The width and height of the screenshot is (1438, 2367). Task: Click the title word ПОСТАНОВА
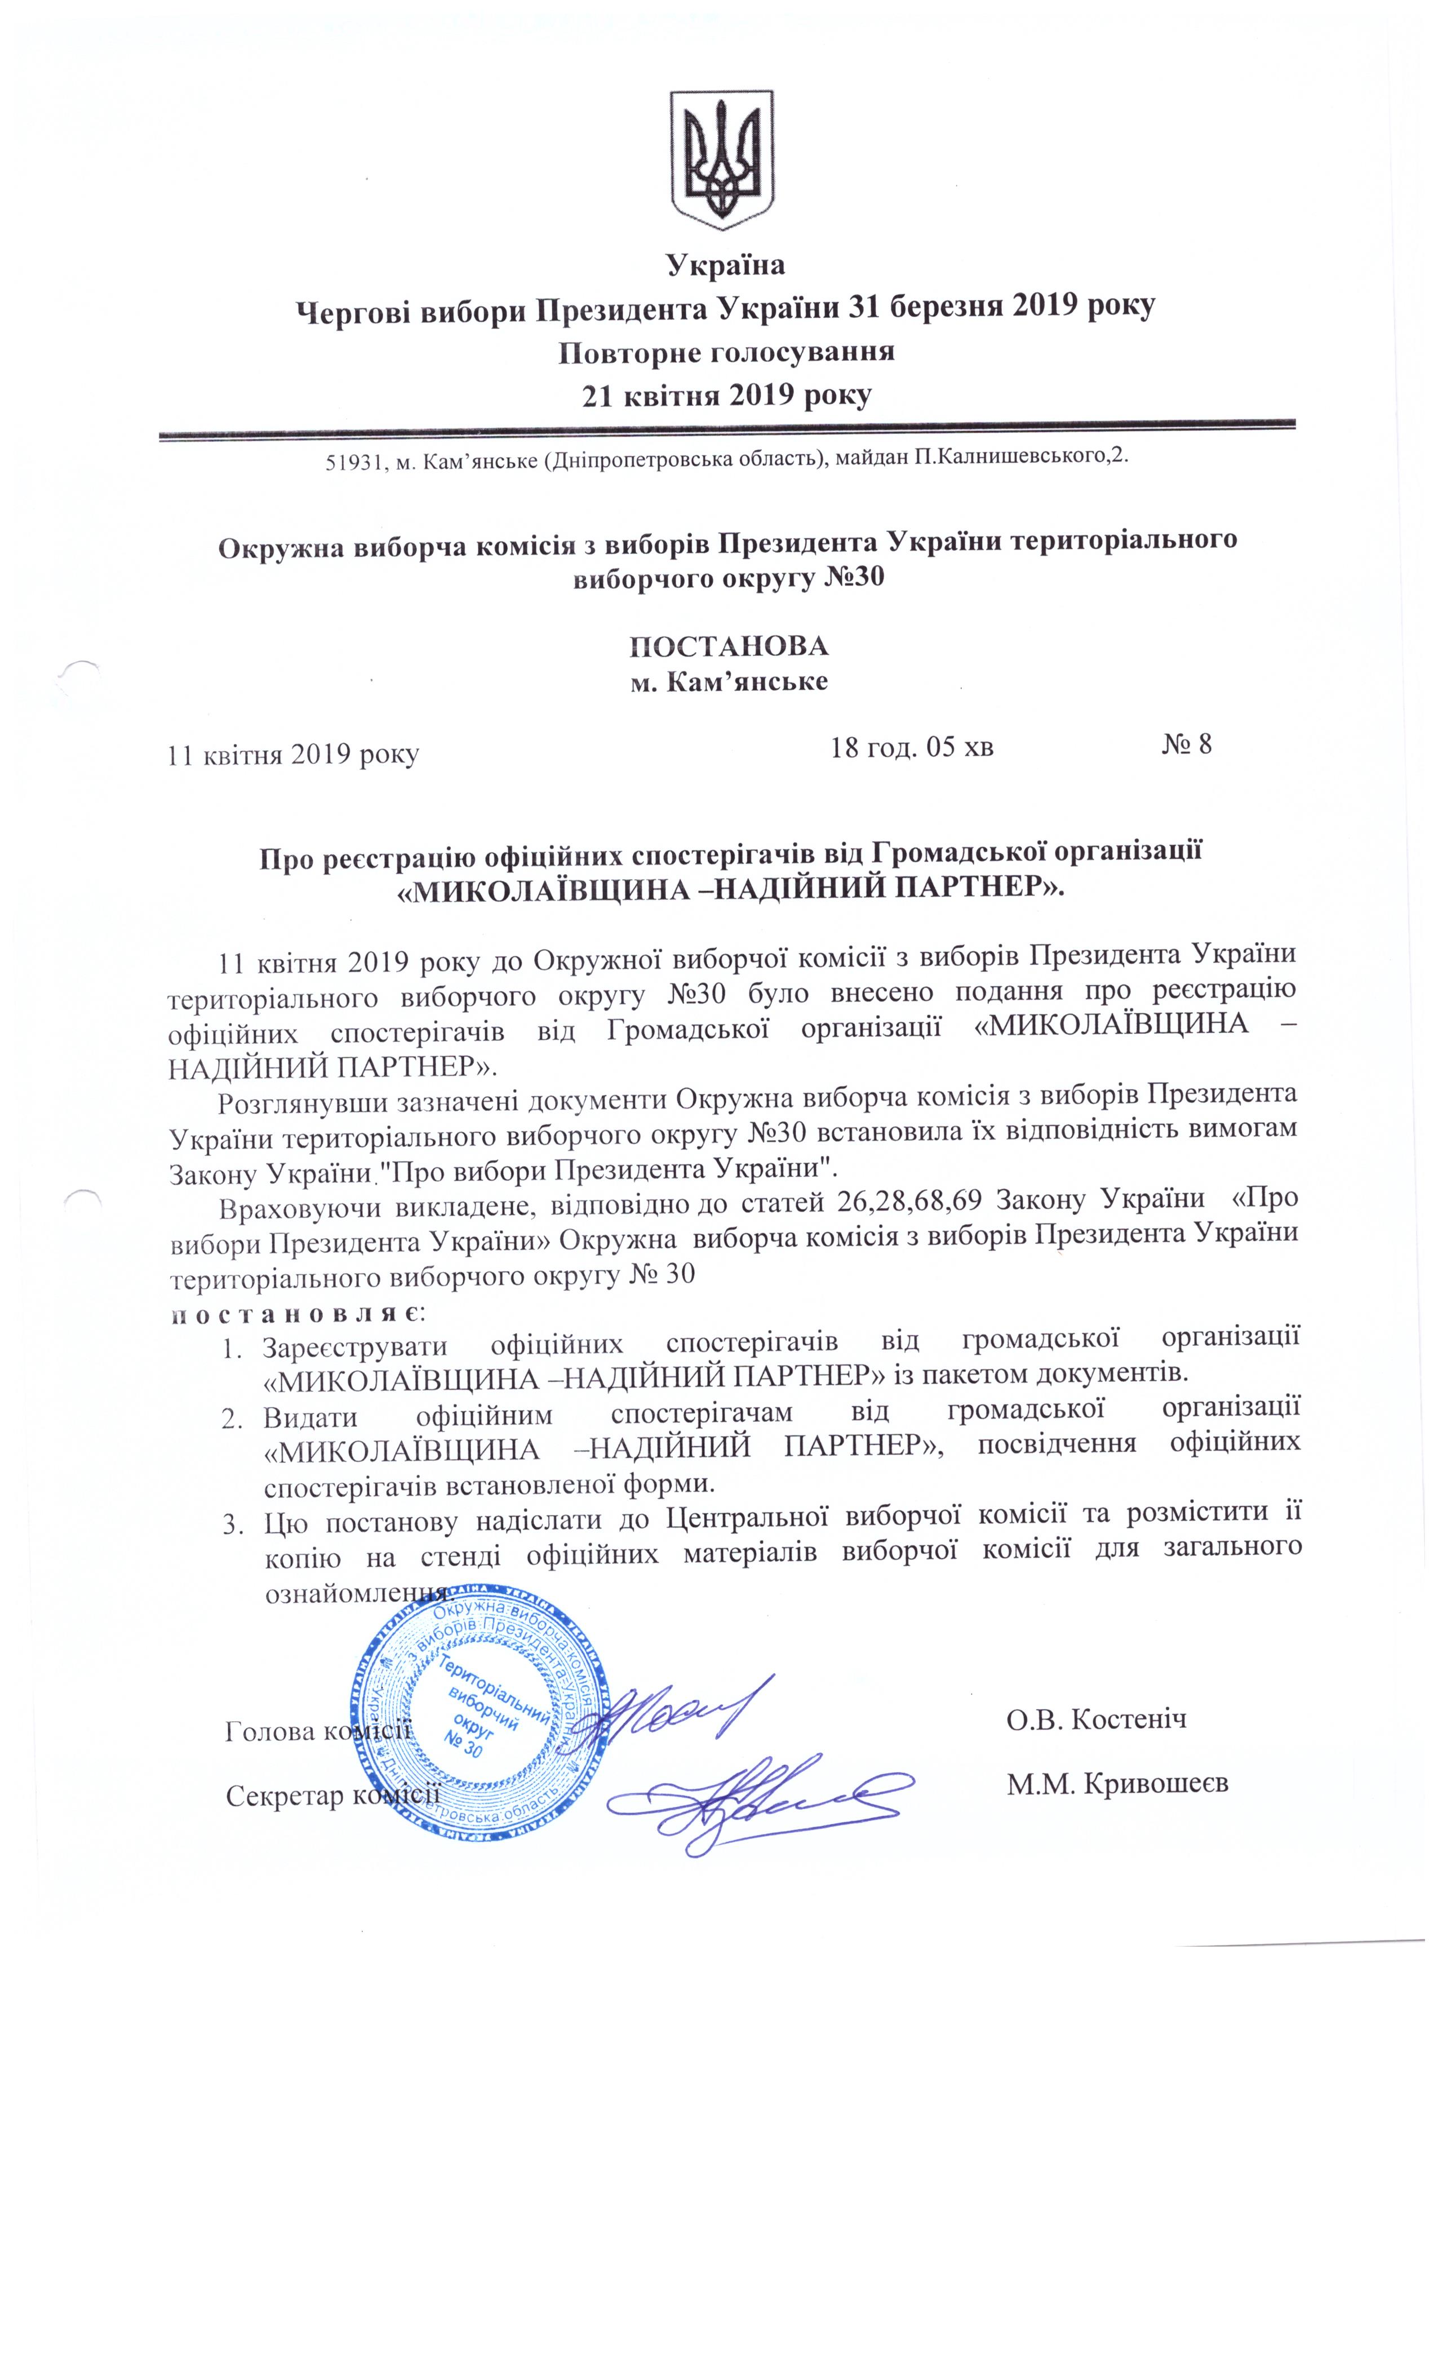(x=728, y=645)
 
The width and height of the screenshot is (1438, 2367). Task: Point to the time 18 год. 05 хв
(x=911, y=746)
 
